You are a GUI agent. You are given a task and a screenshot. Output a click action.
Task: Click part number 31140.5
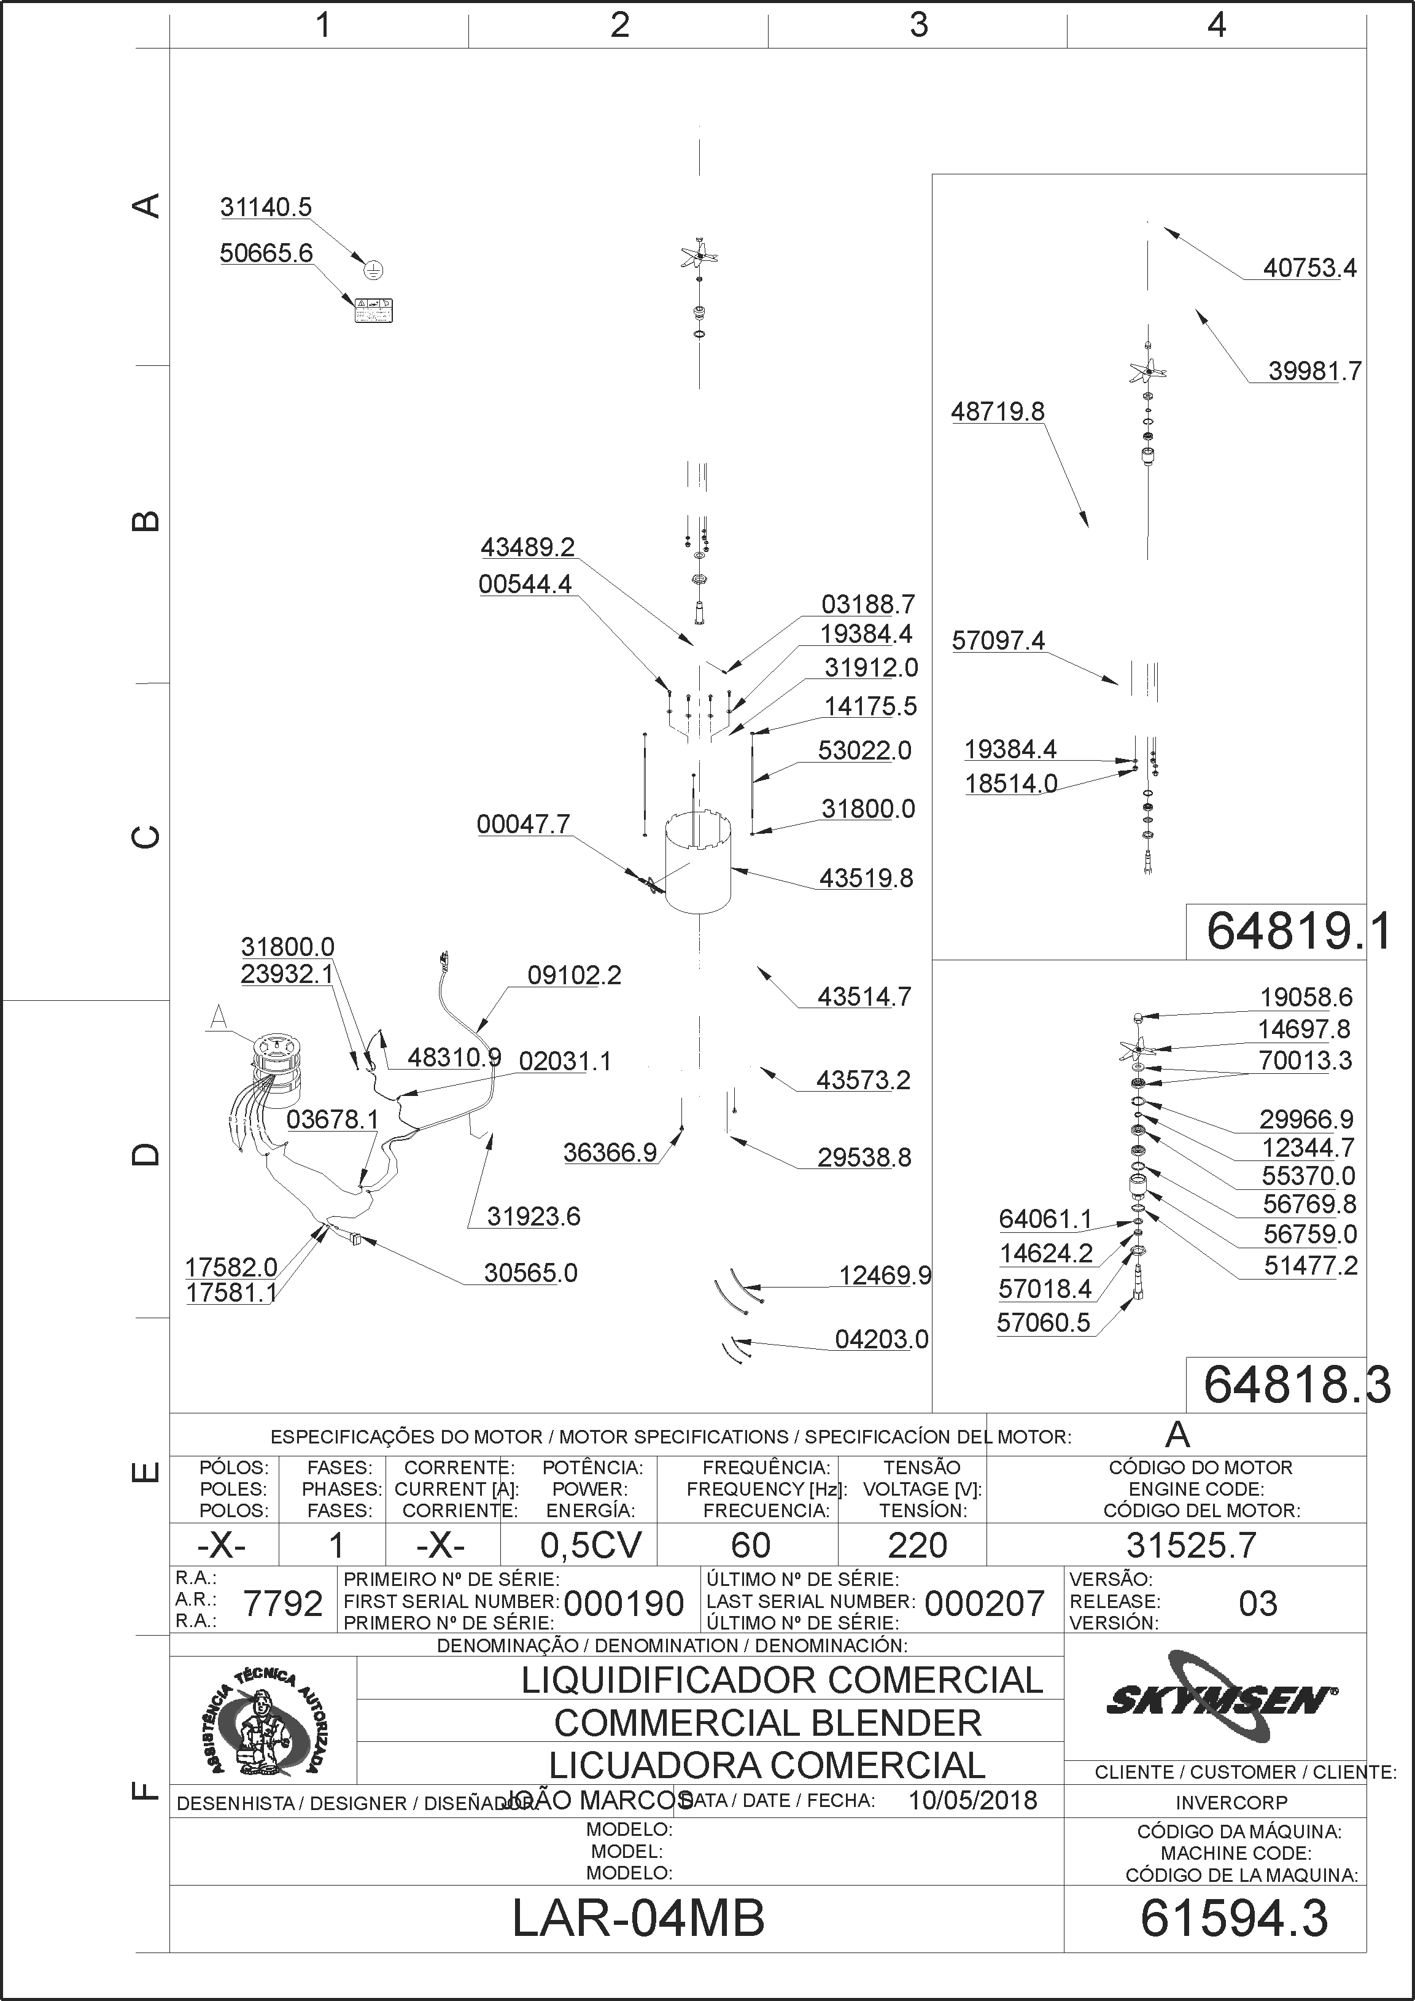(266, 208)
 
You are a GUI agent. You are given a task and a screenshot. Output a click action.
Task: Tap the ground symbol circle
(373, 270)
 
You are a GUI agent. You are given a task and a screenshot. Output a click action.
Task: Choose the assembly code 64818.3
(1297, 1386)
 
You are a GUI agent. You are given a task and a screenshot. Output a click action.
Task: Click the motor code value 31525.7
(1191, 1546)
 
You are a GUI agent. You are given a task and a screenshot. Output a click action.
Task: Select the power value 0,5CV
(591, 1546)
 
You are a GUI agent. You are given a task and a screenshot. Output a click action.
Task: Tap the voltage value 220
(918, 1546)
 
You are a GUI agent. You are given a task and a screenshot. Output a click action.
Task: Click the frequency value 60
(750, 1546)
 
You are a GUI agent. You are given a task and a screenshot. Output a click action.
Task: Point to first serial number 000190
(624, 1604)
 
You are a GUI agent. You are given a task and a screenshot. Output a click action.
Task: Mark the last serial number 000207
(985, 1604)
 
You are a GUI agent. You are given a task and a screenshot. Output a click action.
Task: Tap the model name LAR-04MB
(638, 1918)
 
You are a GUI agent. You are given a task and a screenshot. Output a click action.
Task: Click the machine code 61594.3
(1234, 1918)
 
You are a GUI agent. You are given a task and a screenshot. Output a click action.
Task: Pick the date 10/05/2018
(972, 1801)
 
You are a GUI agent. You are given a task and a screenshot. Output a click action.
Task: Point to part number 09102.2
(574, 975)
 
